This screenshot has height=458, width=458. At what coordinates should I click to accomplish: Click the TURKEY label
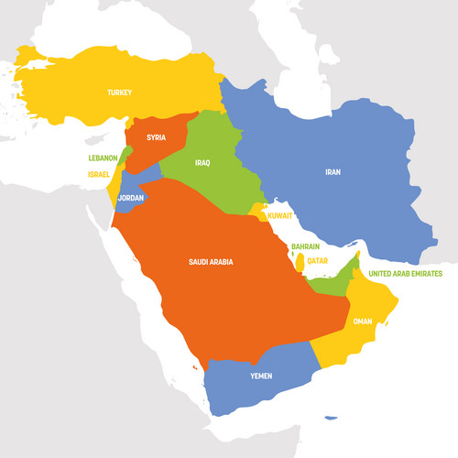pos(119,93)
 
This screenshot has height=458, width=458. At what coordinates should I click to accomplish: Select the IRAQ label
pos(202,163)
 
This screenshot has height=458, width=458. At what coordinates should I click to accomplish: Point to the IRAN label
pos(333,171)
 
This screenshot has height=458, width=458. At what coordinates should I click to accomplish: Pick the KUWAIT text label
pos(279,216)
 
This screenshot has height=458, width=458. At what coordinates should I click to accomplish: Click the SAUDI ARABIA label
pos(211,262)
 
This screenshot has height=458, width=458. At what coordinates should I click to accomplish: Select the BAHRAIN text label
pos(305,246)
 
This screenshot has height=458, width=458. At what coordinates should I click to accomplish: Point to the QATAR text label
pos(317,260)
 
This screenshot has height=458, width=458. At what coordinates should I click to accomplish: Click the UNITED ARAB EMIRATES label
pos(404,273)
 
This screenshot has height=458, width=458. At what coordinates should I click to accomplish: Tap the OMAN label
pos(364,321)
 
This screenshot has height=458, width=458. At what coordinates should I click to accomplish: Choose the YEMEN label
pos(260,376)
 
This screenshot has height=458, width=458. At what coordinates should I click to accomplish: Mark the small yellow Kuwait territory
pos(258,213)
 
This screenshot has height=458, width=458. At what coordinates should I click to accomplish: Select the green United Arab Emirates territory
pos(333,284)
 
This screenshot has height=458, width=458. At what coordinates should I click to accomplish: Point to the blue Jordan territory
pos(137,188)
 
